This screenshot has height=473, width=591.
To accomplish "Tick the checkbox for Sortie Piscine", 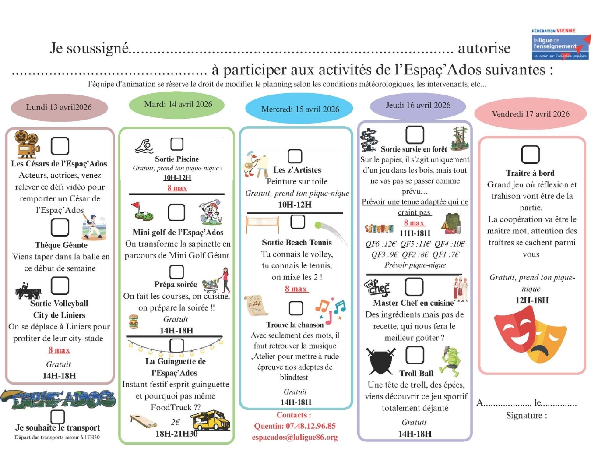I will (x=177, y=144).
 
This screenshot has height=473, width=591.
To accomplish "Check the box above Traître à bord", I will (x=530, y=155).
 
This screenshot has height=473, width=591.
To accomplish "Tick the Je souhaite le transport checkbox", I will (x=58, y=417).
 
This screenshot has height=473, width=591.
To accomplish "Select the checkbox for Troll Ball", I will (x=415, y=355).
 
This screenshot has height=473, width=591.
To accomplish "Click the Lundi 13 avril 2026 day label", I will (x=59, y=107).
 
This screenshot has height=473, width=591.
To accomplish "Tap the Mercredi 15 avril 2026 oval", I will (x=300, y=109).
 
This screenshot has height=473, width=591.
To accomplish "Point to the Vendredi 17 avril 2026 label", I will (x=531, y=114).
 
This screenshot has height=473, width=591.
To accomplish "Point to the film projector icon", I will (x=27, y=144).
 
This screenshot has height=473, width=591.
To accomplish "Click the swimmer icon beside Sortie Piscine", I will (x=144, y=146).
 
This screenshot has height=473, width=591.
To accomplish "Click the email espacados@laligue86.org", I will (x=295, y=437).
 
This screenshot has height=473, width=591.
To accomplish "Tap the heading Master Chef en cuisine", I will (x=413, y=303).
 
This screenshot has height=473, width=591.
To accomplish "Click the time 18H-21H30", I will (x=176, y=434).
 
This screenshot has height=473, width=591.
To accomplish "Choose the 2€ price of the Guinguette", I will (x=175, y=422).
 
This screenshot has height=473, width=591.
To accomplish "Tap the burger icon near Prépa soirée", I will (x=134, y=322).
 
